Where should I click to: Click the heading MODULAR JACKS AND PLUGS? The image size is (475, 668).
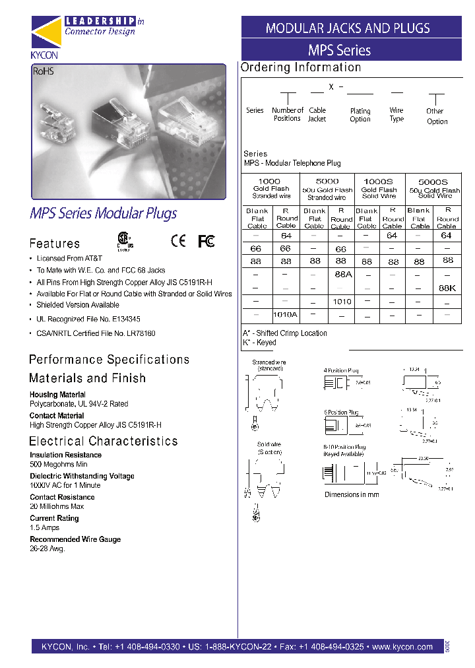tap(348, 28)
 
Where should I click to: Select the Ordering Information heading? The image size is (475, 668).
tap(301, 67)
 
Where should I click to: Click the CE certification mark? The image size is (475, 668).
tap(178, 242)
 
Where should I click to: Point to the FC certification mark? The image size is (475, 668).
tap(206, 242)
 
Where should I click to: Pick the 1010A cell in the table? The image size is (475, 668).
tap(286, 315)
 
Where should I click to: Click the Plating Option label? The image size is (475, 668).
tap(360, 116)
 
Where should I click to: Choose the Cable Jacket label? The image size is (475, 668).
tap(317, 115)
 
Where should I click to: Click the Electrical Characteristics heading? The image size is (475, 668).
tap(104, 441)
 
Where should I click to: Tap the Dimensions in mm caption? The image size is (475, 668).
tap(351, 494)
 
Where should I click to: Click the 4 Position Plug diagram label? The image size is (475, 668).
tap(341, 370)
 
